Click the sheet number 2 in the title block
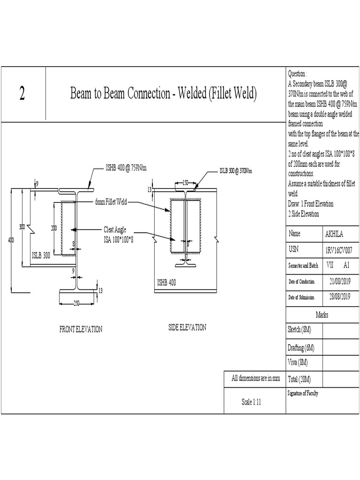point(22,94)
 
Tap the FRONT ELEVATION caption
point(81,329)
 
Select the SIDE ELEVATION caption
point(187,328)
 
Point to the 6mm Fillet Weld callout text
point(110,202)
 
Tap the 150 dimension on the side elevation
point(185,182)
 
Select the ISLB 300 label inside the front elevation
point(41,255)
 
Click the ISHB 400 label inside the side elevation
point(168,283)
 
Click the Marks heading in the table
point(322,315)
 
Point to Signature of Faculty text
point(303,393)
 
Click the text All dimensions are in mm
point(255,378)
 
